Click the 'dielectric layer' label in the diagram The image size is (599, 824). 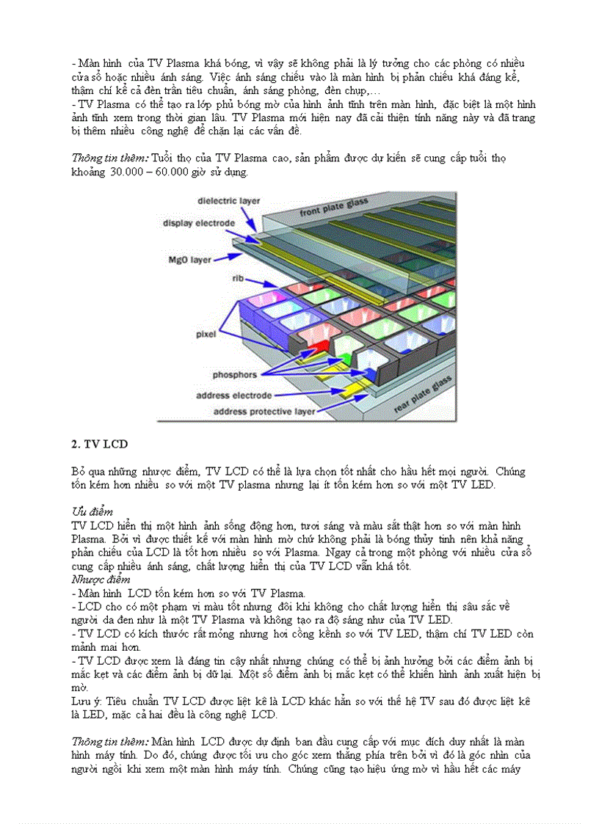[228, 200]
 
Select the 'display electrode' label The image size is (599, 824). [199, 222]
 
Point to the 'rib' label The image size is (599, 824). [238, 280]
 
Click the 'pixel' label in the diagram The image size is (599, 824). [206, 334]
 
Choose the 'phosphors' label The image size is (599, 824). [236, 375]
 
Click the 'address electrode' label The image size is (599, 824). [233, 395]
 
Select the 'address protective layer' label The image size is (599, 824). [264, 412]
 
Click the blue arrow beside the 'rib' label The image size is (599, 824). [258, 281]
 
